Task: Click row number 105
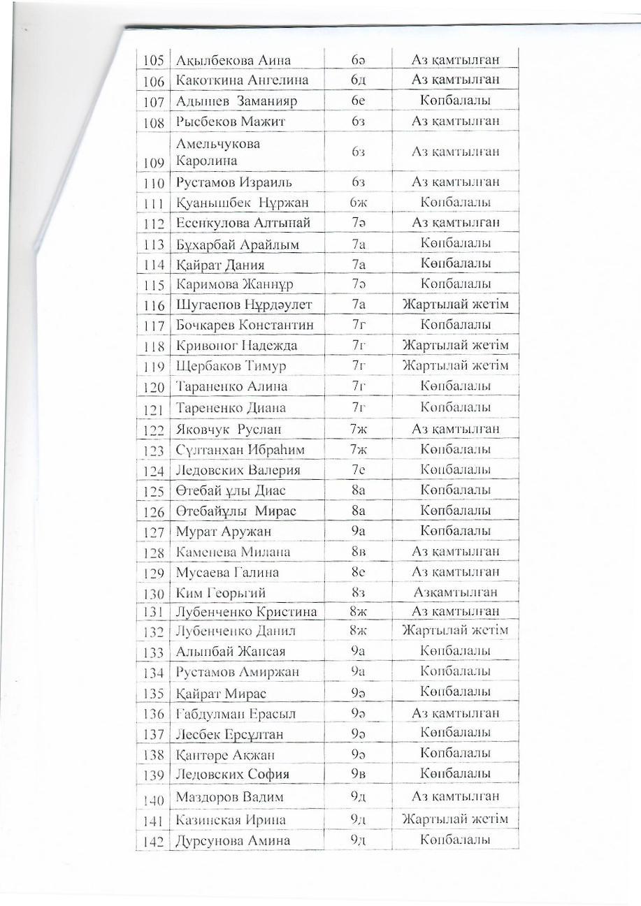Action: pyautogui.click(x=153, y=61)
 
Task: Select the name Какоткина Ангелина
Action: pyautogui.click(x=242, y=80)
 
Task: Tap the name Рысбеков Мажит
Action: pyautogui.click(x=221, y=122)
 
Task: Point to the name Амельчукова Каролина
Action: pyautogui.click(x=218, y=152)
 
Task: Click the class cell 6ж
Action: pyautogui.click(x=358, y=203)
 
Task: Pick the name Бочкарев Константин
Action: pyautogui.click(x=245, y=325)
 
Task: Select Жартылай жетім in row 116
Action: pyautogui.click(x=455, y=305)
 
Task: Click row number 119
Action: pyautogui.click(x=153, y=367)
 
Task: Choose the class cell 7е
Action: pyautogui.click(x=358, y=469)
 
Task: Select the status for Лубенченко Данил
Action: pyautogui.click(x=455, y=631)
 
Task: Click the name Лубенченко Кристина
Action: pyautogui.click(x=246, y=612)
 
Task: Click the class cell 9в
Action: pyautogui.click(x=358, y=774)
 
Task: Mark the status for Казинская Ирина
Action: pyautogui.click(x=455, y=819)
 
